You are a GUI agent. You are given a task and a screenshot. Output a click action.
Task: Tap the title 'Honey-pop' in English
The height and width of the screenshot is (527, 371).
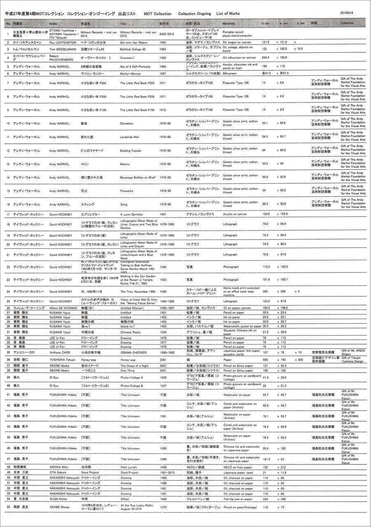[x=128, y=360]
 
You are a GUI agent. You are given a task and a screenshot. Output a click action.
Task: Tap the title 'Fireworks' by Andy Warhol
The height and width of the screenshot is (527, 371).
[x=127, y=191]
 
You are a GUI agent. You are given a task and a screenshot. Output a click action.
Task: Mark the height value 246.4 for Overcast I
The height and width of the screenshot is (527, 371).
[x=266, y=58]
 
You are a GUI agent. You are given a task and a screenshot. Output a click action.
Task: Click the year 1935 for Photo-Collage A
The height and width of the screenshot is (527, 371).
[x=163, y=377]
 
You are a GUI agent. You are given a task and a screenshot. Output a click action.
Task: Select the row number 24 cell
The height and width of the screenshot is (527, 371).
[x=8, y=291]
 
